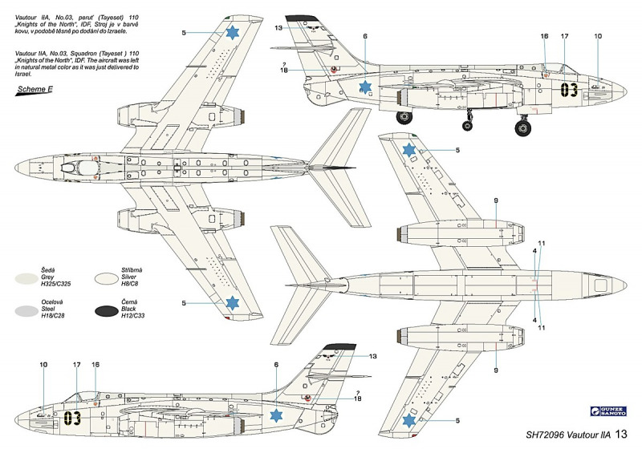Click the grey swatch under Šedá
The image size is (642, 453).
point(32,277)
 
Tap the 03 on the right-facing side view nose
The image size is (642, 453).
point(569,89)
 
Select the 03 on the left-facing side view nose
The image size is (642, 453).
point(73,417)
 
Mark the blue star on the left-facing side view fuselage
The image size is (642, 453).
point(277,415)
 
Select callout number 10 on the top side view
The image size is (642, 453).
point(598,36)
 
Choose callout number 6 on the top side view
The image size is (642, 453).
point(365,36)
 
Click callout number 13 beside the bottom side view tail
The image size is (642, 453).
point(372,356)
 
